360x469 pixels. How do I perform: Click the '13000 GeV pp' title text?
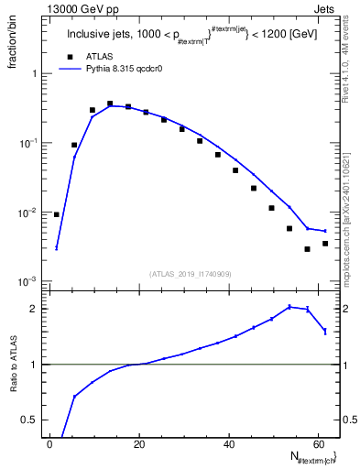click(80, 8)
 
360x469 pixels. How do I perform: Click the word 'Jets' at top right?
click(326, 8)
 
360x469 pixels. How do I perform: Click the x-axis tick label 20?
click(138, 444)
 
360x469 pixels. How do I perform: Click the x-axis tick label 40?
click(227, 444)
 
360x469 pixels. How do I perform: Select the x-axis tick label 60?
click(316, 444)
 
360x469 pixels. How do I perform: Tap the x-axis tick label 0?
click(49, 444)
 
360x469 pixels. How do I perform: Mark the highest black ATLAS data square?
click(110, 104)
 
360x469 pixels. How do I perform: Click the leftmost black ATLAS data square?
click(57, 214)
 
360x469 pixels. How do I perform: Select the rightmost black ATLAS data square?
click(324, 244)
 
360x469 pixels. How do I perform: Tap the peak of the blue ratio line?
click(289, 307)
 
